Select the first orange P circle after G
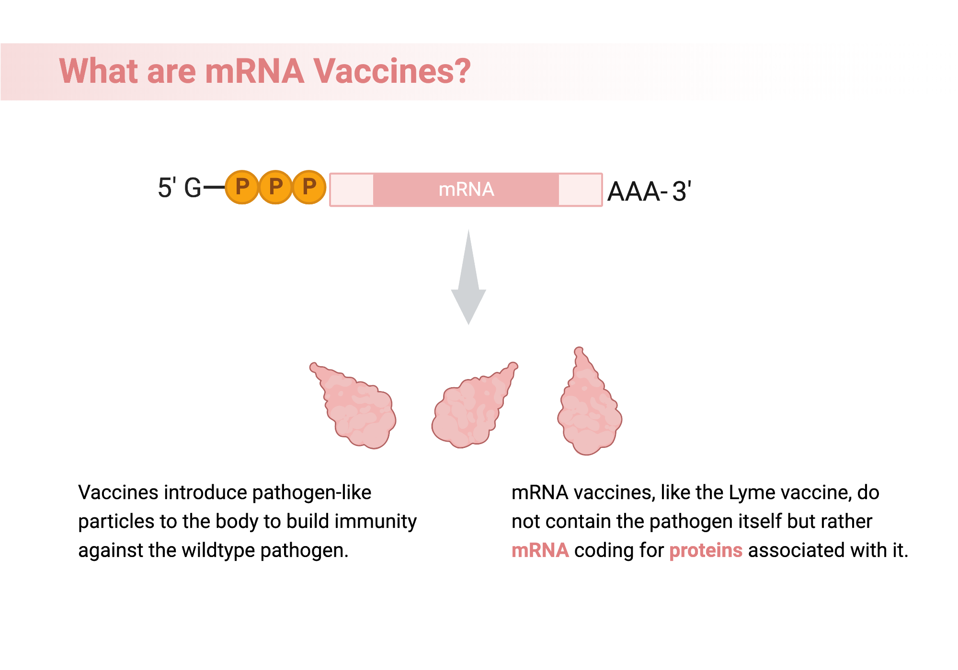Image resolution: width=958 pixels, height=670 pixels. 242,187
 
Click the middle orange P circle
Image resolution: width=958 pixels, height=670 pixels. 276,187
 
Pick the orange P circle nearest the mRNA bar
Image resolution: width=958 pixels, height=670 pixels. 309,187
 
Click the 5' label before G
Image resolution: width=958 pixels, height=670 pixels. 167,188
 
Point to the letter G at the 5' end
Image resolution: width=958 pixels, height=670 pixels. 193,188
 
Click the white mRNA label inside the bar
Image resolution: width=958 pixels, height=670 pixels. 466,190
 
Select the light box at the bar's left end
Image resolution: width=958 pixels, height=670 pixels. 352,190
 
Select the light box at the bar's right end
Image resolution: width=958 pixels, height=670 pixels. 580,190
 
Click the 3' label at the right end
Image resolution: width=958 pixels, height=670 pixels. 681,191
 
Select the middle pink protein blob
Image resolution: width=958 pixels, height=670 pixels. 472,409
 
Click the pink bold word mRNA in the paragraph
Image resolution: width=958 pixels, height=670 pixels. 540,550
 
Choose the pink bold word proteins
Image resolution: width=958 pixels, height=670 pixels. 706,550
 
